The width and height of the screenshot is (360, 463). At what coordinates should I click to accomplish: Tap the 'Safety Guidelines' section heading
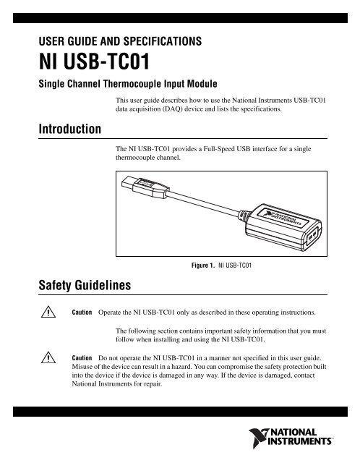coord(85,285)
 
